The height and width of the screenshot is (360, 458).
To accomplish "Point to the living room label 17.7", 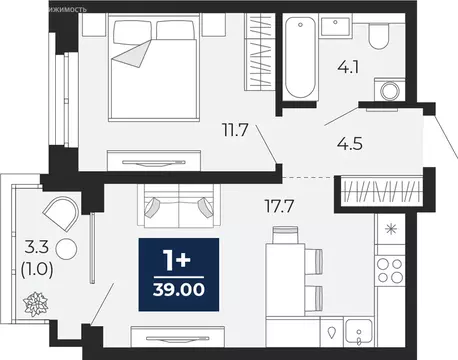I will point(250,208).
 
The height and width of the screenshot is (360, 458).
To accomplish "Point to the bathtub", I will point(299,57).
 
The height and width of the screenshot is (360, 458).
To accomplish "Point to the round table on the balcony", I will point(67,251).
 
